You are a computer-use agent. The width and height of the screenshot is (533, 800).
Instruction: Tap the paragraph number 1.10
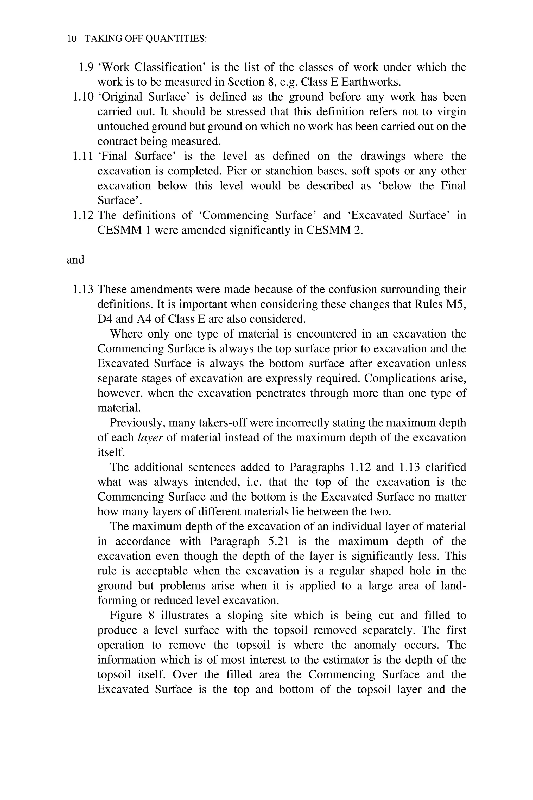83,97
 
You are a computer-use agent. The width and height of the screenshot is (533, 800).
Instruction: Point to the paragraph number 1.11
83,156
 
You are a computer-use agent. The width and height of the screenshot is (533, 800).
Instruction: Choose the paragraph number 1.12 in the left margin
83,215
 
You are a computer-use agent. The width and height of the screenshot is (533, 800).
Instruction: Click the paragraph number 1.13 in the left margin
83,290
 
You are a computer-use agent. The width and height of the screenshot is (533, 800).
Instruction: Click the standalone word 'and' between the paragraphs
75,260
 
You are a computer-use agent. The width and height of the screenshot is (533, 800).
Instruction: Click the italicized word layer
150,438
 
